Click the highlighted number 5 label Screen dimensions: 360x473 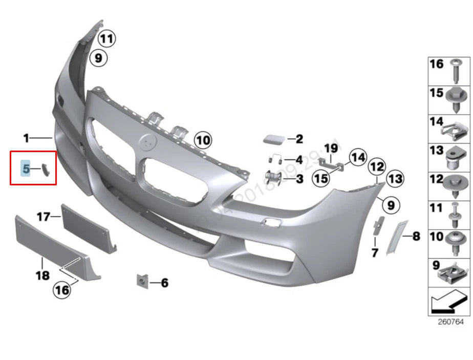[25, 167]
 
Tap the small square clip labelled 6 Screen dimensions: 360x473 [141, 281]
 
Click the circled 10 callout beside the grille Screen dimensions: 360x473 [203, 139]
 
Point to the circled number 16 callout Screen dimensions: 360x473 [62, 290]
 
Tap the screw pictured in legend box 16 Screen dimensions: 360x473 [456, 70]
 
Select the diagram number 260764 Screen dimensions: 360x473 [450, 322]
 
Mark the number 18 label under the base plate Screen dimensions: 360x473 [42, 276]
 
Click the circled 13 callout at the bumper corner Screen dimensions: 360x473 [395, 179]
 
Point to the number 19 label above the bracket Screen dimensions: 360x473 [331, 149]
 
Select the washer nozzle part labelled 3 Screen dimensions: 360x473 [274, 178]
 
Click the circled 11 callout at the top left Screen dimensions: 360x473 [107, 38]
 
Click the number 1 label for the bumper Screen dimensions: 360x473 [26, 138]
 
